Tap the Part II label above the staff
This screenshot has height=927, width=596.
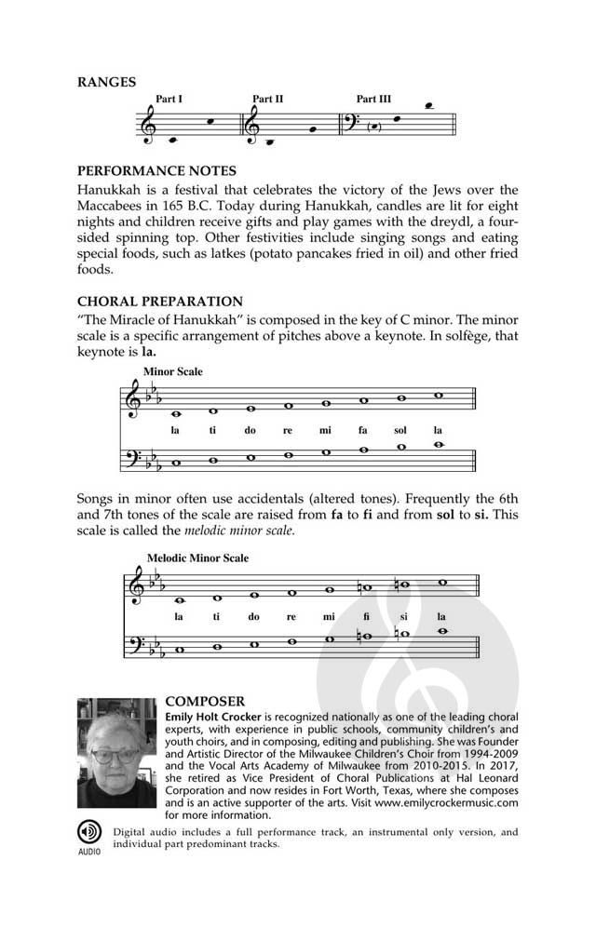[267, 99]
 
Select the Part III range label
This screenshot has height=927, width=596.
[373, 99]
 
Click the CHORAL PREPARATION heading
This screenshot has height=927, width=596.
[159, 302]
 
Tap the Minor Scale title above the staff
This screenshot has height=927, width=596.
[172, 372]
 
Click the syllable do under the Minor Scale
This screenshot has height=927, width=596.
[251, 431]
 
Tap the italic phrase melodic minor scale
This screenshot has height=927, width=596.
[239, 531]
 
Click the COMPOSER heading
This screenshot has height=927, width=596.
[204, 700]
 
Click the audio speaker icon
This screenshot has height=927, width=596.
[88, 830]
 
